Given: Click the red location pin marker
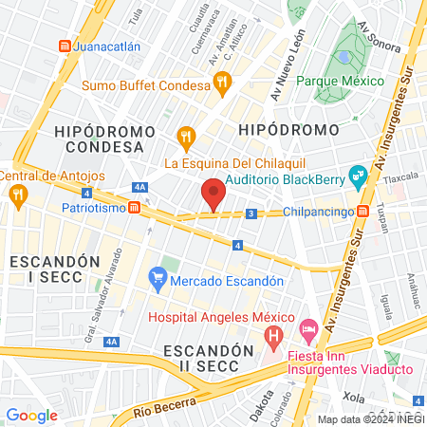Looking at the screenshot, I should (x=213, y=195).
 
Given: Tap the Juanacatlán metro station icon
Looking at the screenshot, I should (x=65, y=45).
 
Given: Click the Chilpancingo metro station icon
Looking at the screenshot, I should (x=363, y=211).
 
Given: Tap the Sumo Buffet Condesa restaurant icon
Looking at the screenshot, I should (x=221, y=84).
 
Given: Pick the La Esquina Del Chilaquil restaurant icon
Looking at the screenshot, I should (x=186, y=139).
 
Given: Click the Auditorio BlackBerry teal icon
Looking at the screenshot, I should (x=357, y=175).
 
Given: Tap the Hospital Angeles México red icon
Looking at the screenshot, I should (x=273, y=335).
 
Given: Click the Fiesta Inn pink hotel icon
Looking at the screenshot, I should (x=308, y=329).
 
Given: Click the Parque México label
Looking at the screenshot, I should (x=341, y=81).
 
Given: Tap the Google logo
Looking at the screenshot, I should (x=32, y=415).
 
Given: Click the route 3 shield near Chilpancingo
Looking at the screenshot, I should (x=251, y=214).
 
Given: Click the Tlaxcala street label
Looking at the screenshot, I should (x=400, y=176).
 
